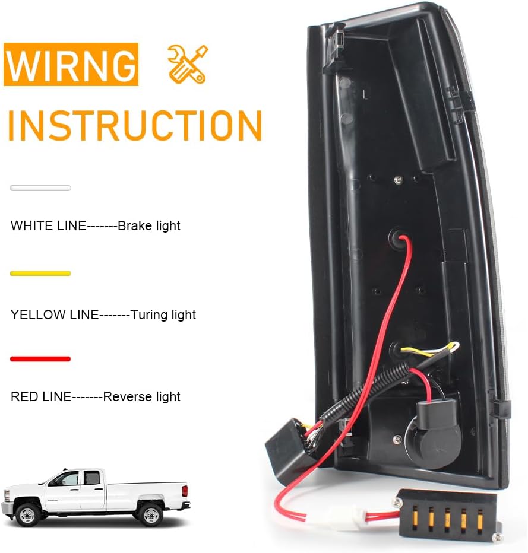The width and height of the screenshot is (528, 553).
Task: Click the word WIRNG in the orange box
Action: point(71,65)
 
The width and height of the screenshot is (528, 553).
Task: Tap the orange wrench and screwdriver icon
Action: point(188,64)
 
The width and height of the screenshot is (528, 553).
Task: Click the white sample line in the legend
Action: point(40,188)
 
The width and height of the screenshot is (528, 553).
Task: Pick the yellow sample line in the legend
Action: point(40,274)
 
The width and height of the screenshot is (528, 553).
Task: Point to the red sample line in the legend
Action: point(40,359)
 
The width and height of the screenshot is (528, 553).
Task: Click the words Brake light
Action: point(149,226)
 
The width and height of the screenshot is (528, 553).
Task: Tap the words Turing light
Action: point(163,315)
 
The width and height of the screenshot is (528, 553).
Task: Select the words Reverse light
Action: point(141,397)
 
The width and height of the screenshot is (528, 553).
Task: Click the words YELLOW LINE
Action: point(55,314)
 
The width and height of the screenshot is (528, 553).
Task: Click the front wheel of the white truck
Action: point(27,514)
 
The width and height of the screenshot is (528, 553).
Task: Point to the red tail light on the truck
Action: point(184,491)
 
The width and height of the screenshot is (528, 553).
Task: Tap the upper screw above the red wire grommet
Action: point(398,180)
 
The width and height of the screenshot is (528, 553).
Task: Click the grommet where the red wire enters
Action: point(399,239)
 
